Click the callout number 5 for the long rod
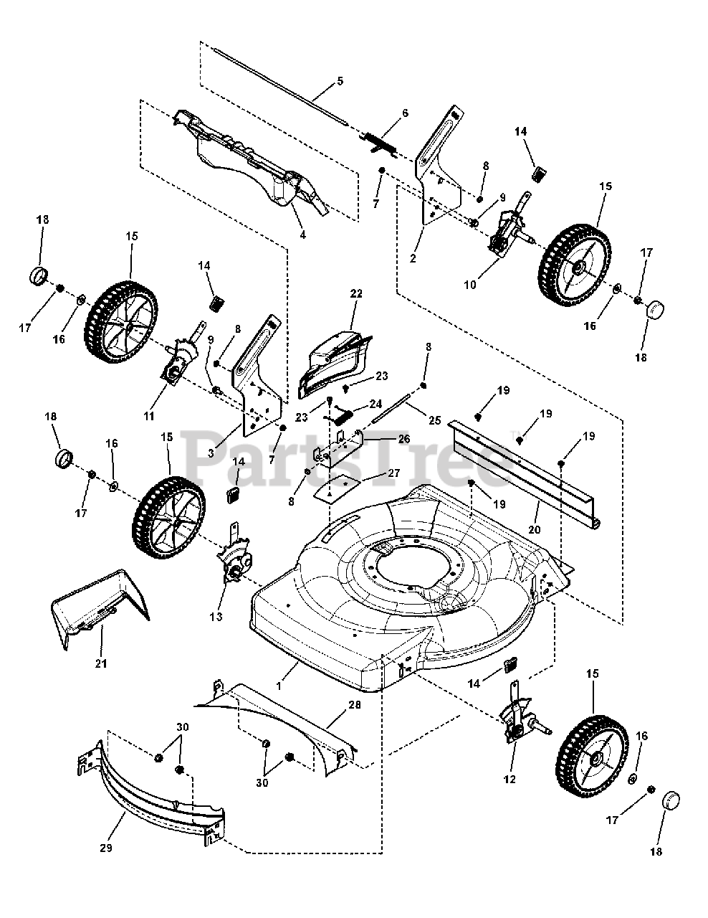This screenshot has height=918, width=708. tap(340, 81)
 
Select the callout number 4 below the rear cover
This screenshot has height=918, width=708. tap(302, 235)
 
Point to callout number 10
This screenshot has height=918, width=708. tap(470, 285)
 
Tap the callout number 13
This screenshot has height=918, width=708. tap(216, 616)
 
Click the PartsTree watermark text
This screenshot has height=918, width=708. tap(351, 459)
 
